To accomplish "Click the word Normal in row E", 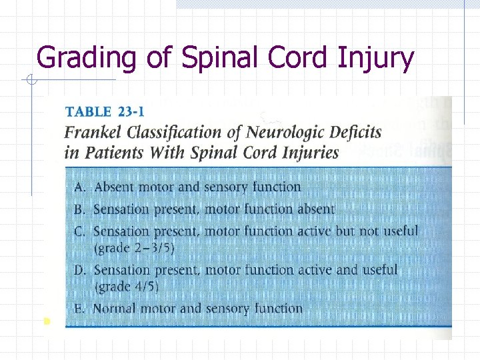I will [115, 309].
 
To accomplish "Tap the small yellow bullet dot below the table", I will [45, 321].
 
